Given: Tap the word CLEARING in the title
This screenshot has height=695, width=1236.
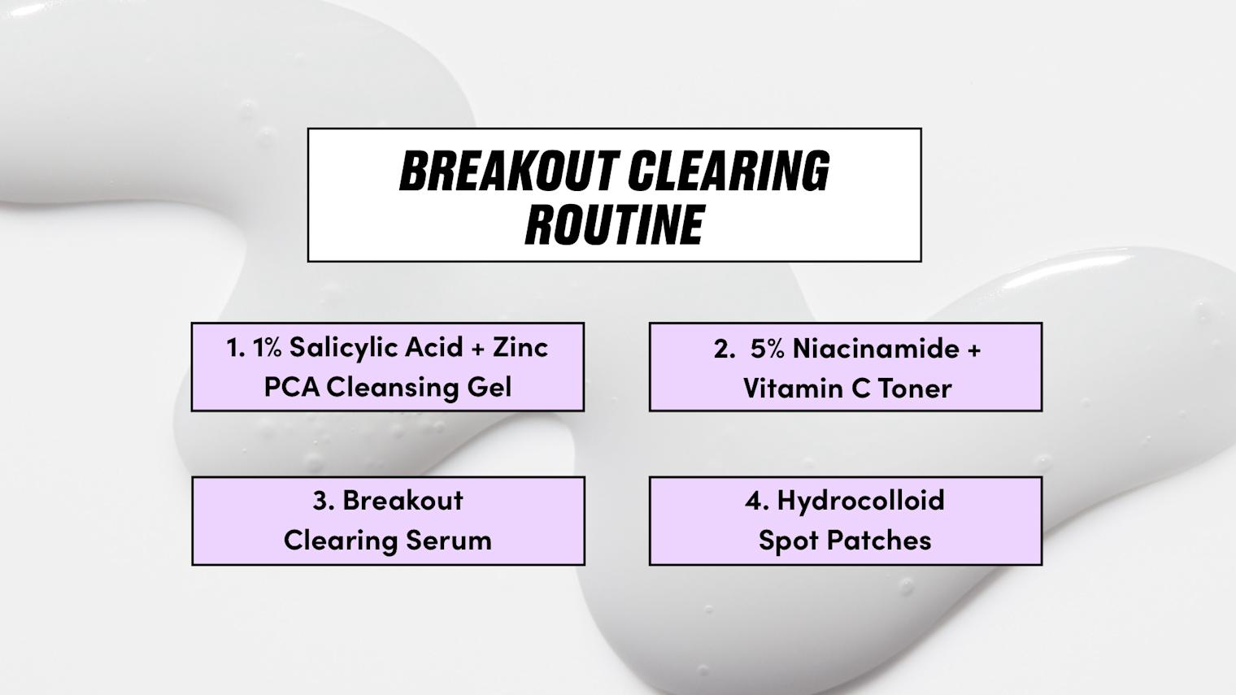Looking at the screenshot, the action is click(729, 171).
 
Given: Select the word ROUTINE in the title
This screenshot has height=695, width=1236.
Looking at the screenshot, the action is click(614, 224).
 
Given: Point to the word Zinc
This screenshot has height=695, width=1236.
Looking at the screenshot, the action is click(520, 348).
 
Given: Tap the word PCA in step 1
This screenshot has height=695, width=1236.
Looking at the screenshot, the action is click(291, 387).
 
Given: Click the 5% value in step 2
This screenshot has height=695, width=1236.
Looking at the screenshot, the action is click(768, 349).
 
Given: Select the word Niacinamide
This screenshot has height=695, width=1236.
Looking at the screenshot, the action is click(877, 349).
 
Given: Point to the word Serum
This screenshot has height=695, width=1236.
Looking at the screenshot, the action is click(449, 540).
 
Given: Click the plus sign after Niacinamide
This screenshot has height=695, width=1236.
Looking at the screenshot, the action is click(974, 350).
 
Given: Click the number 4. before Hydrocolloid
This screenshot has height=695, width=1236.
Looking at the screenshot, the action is click(757, 501).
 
